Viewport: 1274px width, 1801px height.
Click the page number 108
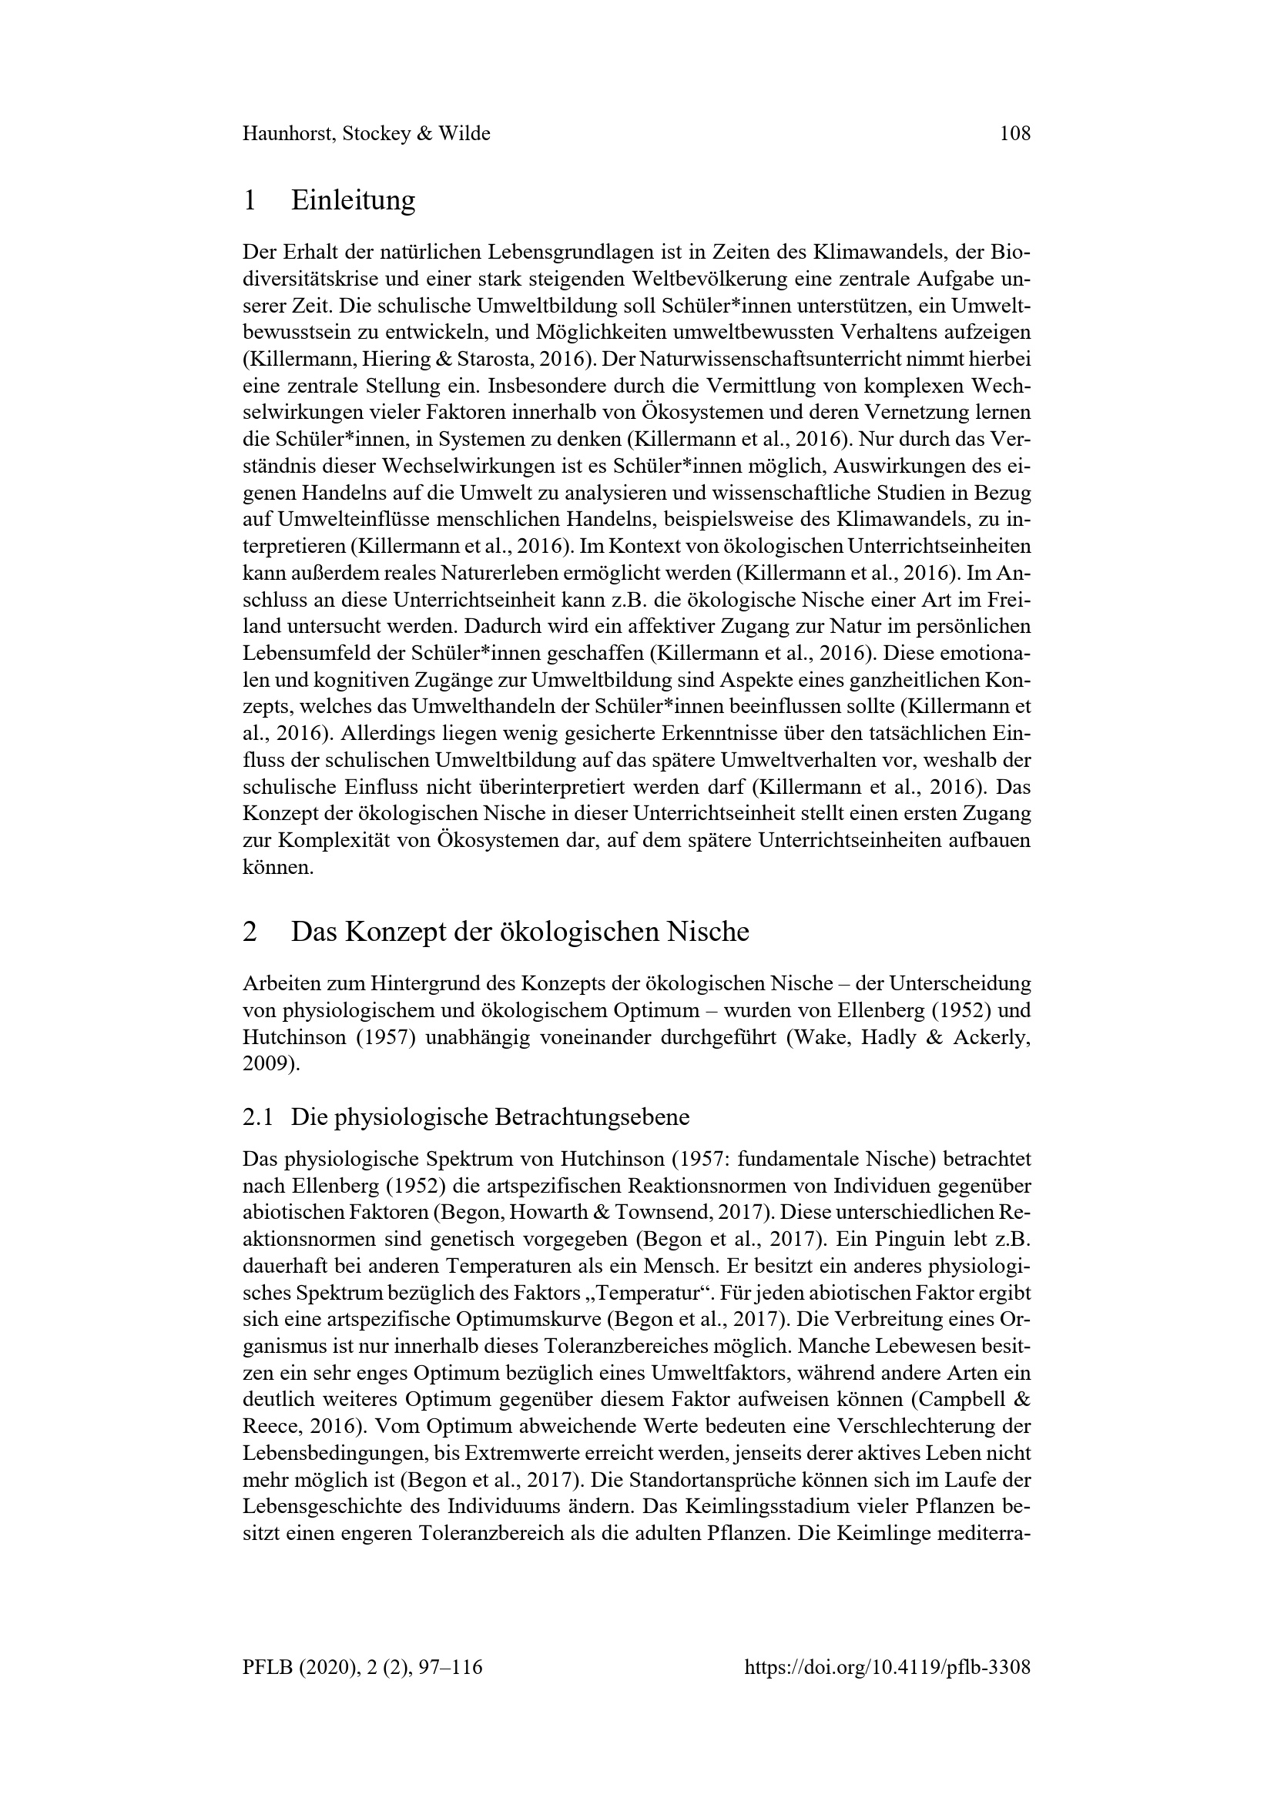(x=1014, y=134)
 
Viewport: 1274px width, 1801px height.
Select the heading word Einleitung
(x=353, y=201)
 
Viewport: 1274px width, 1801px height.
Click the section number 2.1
(x=258, y=1117)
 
